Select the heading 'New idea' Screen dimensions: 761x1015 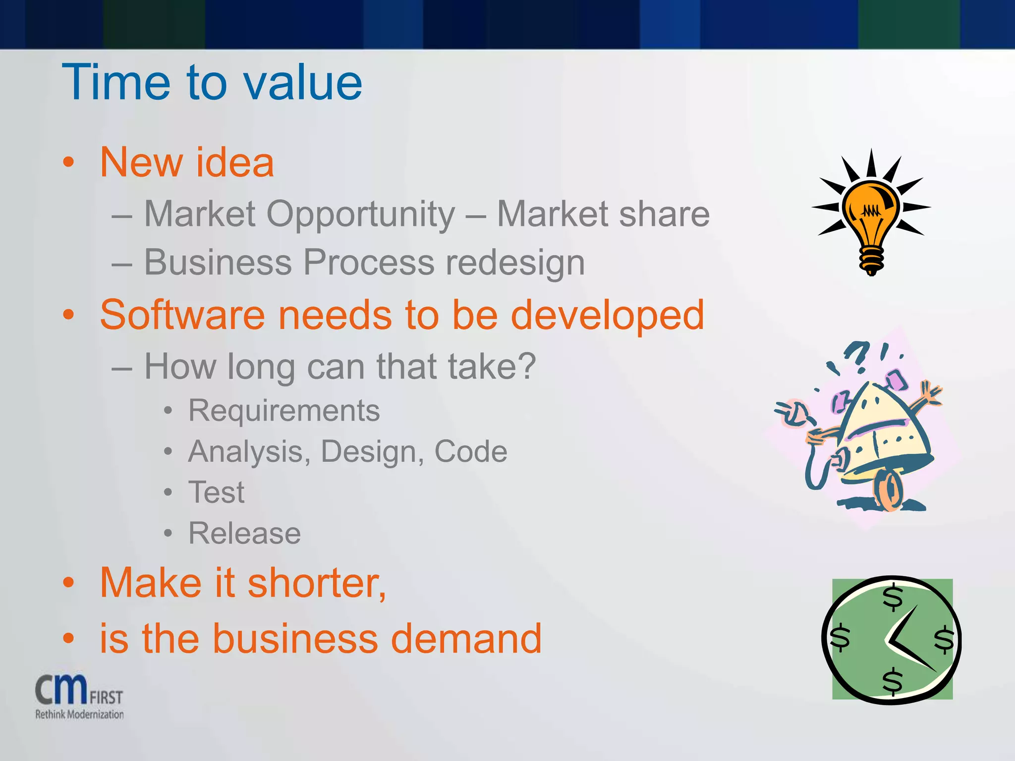point(187,163)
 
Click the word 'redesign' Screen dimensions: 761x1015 point(515,263)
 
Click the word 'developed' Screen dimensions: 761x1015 point(607,315)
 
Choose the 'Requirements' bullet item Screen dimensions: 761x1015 point(283,411)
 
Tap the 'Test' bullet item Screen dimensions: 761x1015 point(216,492)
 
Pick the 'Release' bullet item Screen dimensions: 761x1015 point(244,534)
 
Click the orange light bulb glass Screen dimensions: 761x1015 point(871,208)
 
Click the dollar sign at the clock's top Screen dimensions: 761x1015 point(893,598)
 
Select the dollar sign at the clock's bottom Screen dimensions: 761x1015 point(892,681)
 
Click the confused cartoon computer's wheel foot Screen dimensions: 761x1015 point(888,490)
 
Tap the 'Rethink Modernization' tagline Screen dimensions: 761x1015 point(79,714)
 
